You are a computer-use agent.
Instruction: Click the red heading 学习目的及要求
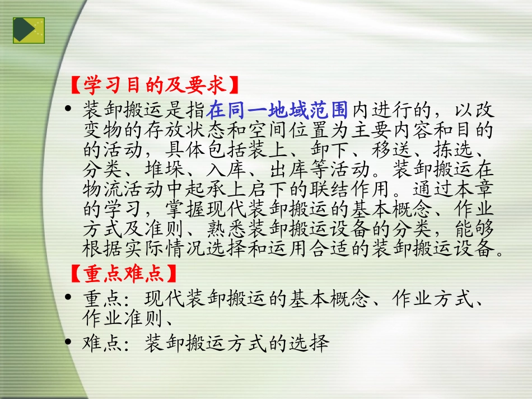point(155,86)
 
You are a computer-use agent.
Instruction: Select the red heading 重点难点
point(124,275)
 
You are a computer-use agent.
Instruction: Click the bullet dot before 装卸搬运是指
point(69,109)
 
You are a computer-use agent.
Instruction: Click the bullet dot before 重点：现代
point(69,297)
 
